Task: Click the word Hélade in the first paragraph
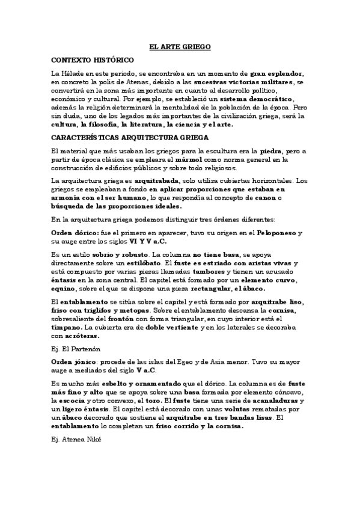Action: [70, 73]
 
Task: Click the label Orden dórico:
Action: [74, 232]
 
